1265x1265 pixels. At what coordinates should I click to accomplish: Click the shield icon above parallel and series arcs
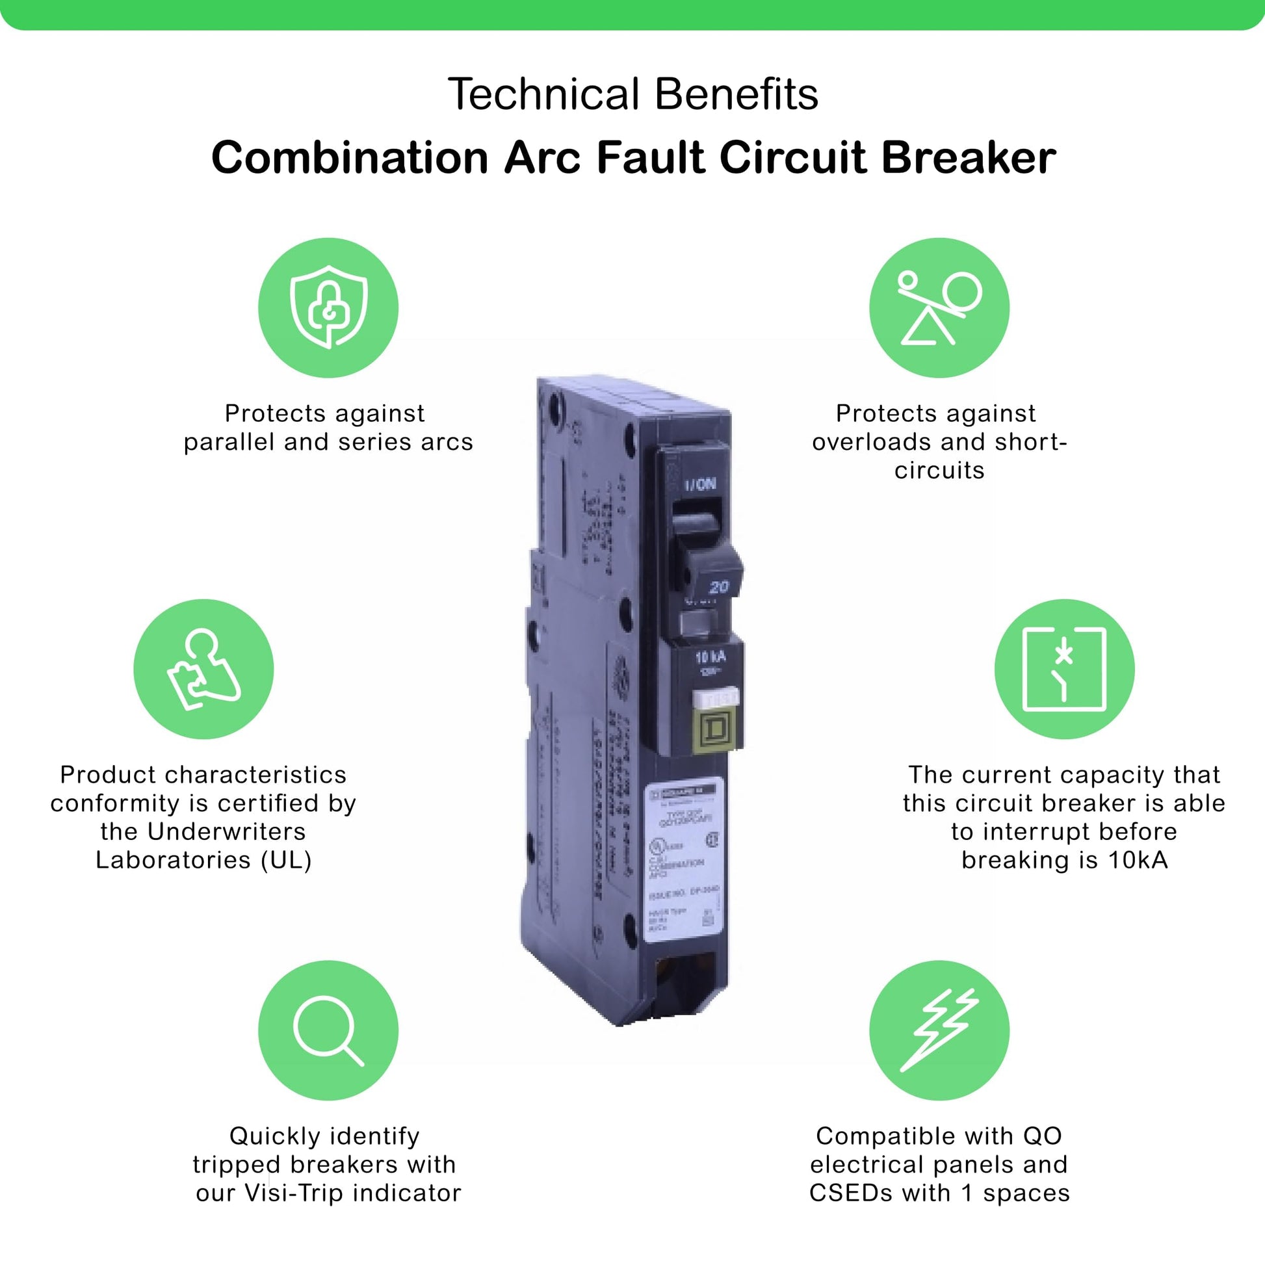(328, 307)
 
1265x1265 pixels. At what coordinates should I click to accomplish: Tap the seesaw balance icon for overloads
(939, 307)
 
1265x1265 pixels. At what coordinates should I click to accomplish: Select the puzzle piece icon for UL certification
(203, 668)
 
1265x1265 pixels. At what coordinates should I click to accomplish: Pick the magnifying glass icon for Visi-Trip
(328, 1030)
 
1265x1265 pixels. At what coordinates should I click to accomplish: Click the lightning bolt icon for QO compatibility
(939, 1030)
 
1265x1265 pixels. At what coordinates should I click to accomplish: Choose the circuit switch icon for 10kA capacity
(1064, 668)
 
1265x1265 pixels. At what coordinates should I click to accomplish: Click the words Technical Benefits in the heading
(632, 94)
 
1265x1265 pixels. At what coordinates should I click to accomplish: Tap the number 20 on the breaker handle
(718, 586)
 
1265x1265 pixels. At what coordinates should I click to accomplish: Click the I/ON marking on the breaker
(700, 484)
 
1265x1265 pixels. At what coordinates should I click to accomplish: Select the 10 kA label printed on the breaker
(711, 657)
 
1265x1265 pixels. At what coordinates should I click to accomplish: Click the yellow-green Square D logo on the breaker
(712, 730)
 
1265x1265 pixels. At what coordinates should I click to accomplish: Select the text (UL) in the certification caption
(286, 860)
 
